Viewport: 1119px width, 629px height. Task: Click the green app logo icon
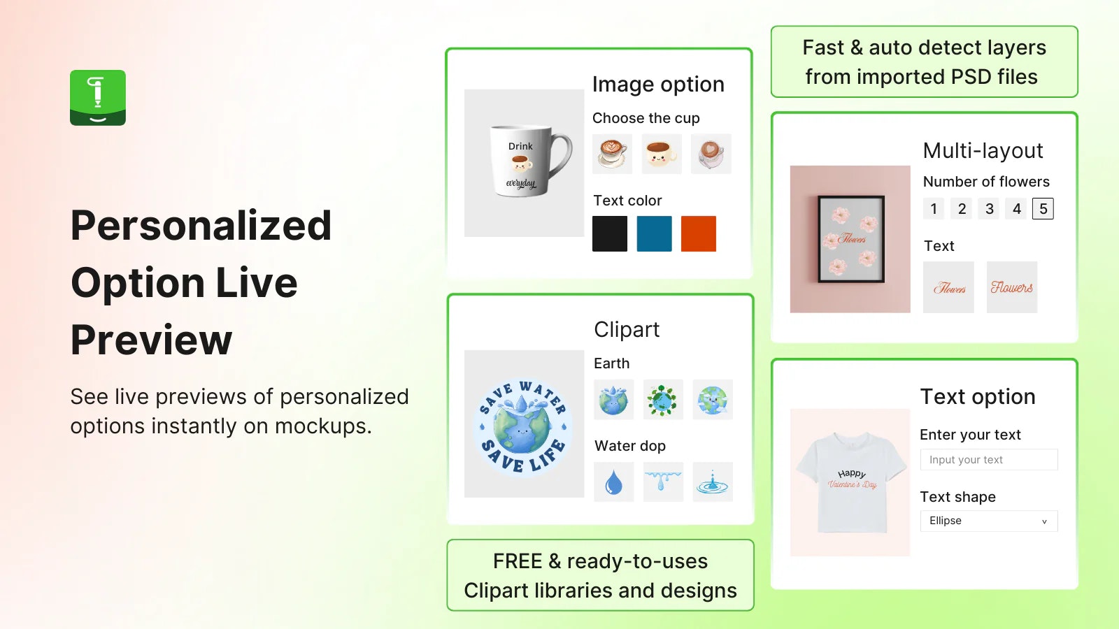[98, 97]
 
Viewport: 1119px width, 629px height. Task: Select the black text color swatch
[609, 233]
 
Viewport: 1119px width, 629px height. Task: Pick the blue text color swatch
[654, 233]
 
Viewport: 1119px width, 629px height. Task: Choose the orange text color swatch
[699, 233]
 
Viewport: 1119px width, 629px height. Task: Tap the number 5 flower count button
[1043, 209]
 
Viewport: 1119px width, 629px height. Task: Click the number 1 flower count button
[934, 209]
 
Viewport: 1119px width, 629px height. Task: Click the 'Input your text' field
[989, 460]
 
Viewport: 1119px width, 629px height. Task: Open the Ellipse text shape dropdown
[989, 521]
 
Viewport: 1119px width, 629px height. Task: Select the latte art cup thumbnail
[612, 154]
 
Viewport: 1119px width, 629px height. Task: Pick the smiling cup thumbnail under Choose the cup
[662, 154]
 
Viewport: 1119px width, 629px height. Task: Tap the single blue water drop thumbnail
[613, 482]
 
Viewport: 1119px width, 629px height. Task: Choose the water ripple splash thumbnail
[713, 482]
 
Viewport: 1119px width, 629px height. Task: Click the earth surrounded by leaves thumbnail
[663, 399]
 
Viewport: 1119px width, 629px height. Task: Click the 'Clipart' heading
[627, 329]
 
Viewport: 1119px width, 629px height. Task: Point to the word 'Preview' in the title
[151, 340]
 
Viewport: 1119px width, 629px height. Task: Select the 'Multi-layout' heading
[983, 151]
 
